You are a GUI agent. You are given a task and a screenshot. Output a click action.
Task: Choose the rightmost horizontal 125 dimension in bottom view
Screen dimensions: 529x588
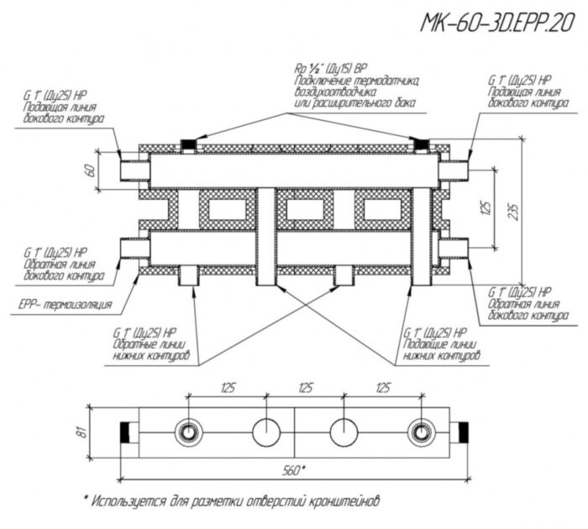[x=382, y=389]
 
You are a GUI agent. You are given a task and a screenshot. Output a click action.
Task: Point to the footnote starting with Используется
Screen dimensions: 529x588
[x=235, y=498]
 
